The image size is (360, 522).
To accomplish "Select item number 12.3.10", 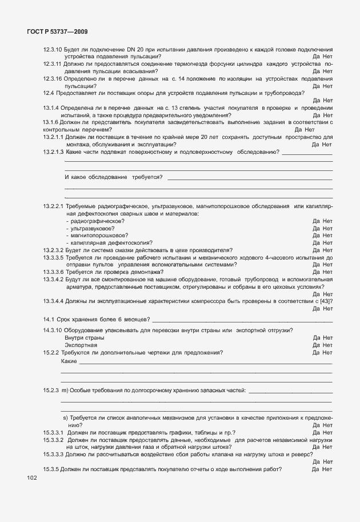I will point(52,49).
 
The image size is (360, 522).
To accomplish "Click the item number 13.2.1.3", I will point(53,152).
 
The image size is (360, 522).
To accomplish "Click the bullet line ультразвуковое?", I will point(90,228).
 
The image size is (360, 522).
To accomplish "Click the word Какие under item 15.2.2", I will point(69,362).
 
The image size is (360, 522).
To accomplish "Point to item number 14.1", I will point(48,318).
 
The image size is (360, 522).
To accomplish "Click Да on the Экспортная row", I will point(317,345).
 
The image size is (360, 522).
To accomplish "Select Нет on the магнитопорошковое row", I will point(327,235).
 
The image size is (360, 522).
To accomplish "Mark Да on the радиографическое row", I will point(317,221).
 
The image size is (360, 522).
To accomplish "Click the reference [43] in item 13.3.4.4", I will point(326,301).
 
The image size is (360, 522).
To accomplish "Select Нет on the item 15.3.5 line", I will point(327,469).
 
